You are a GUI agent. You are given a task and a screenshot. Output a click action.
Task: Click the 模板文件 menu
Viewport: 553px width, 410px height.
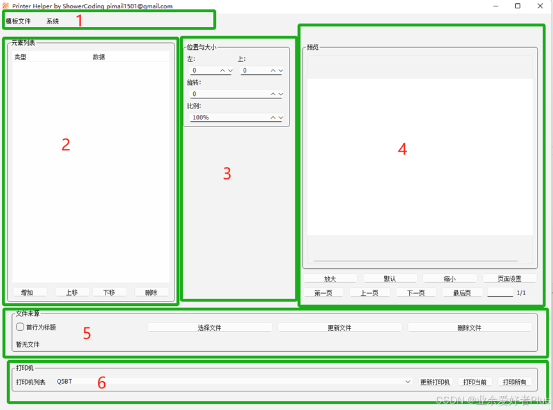coord(19,21)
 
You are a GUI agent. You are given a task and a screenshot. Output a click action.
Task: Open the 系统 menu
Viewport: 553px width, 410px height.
coord(52,21)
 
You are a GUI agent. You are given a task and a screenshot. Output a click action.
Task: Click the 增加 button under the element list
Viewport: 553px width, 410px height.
coord(29,292)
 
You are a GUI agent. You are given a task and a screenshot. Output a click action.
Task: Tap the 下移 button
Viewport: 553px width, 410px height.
coord(109,292)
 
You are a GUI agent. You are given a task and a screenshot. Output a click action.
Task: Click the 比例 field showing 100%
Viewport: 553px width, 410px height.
coord(237,118)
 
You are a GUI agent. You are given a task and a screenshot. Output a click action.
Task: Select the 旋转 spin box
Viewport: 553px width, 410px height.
coord(237,94)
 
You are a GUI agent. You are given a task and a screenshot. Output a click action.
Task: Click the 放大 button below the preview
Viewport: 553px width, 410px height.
coord(330,278)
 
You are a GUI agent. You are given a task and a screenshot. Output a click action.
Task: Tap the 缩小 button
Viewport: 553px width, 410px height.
coord(449,278)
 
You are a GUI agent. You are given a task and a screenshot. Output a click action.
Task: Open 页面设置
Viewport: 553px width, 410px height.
coord(510,278)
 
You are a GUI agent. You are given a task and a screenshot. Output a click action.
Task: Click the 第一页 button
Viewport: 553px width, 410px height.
coord(323,292)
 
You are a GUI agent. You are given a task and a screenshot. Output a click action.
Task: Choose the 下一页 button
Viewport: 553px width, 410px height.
coord(416,292)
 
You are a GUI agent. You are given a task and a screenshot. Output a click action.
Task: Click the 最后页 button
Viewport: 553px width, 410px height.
coord(462,292)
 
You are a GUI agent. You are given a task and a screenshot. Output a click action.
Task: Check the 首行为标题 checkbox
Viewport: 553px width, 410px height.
coord(20,327)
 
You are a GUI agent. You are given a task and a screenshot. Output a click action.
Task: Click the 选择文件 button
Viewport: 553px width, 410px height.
coord(210,328)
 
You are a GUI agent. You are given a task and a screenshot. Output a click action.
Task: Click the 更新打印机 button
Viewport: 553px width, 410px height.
coord(435,382)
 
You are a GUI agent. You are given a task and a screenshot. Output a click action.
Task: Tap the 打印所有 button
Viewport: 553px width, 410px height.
coord(514,382)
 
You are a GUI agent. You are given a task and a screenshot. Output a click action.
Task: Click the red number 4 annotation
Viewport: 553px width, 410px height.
coord(402,149)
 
